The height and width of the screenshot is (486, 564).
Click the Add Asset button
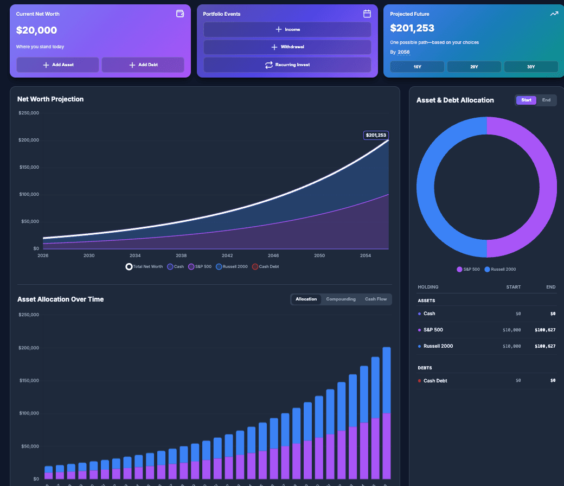57,65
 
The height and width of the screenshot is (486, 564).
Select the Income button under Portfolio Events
287,29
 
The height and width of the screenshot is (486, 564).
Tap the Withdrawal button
287,47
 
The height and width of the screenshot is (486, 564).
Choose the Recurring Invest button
287,65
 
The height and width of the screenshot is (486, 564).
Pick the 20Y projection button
473,67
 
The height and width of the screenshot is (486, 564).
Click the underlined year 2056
403,52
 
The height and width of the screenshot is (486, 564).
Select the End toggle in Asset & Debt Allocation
546,100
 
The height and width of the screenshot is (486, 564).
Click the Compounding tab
341,299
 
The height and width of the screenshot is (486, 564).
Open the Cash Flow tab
376,299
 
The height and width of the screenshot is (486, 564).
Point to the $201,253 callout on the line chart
376,135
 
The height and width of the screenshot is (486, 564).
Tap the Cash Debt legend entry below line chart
266,266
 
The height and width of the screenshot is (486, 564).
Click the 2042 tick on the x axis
227,255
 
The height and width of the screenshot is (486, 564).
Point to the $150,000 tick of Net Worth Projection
29,167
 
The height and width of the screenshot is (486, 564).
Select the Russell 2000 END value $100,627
544,346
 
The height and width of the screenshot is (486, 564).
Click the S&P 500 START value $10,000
511,330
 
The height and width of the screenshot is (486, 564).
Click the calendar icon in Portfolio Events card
367,14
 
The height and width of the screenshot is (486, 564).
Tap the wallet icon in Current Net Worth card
180,14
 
